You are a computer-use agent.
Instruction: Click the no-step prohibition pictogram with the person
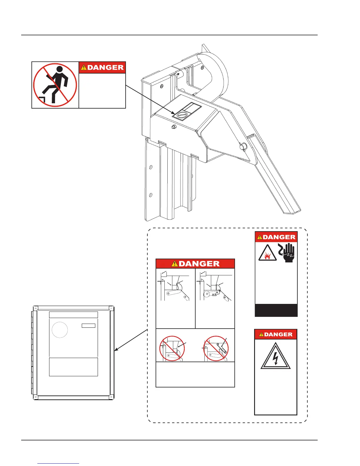[x=55, y=85]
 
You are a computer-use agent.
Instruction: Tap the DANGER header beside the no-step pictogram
[x=102, y=67]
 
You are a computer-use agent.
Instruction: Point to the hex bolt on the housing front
[x=174, y=127]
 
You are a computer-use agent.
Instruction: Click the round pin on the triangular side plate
[x=243, y=147]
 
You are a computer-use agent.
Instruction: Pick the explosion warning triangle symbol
[x=267, y=253]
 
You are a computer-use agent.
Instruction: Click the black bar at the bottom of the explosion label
[x=276, y=310]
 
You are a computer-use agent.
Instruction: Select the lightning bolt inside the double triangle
[x=276, y=358]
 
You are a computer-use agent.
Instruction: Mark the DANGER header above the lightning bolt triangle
[x=276, y=334]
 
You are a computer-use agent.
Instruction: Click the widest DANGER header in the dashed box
[x=195, y=264]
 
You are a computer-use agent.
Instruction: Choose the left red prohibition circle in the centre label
[x=172, y=348]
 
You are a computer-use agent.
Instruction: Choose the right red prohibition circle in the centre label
[x=216, y=348]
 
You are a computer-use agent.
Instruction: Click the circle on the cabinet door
[x=60, y=330]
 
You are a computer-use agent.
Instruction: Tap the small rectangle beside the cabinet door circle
[x=88, y=326]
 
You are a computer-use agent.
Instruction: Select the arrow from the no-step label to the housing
[x=150, y=99]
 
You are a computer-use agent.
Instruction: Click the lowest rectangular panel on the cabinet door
[x=73, y=367]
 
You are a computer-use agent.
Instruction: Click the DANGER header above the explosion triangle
[x=276, y=237]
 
